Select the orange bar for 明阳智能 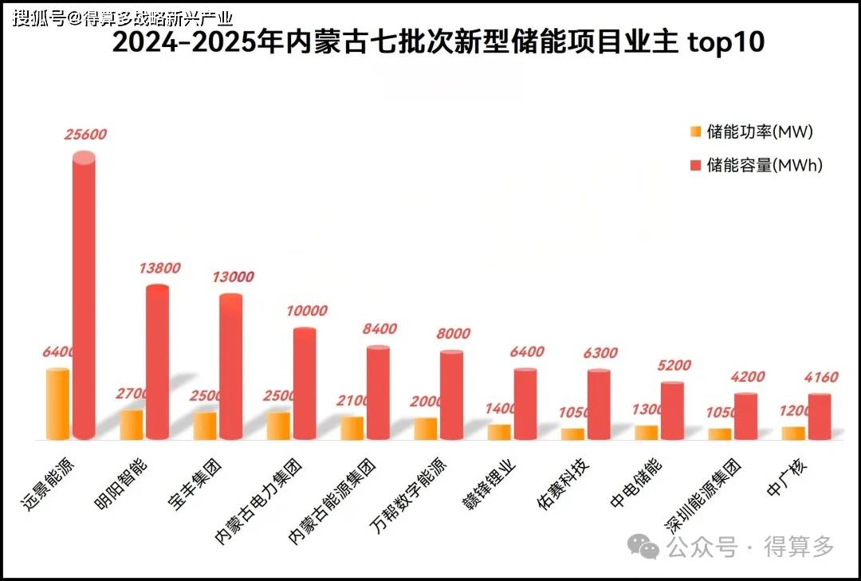[132, 425]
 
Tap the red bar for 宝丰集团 [230, 367]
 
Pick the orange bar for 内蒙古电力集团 [278, 426]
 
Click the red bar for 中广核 [797, 417]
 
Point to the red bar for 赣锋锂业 [525, 404]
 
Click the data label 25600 [85, 135]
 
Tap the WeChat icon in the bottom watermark [643, 546]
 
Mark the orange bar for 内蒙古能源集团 [352, 428]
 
